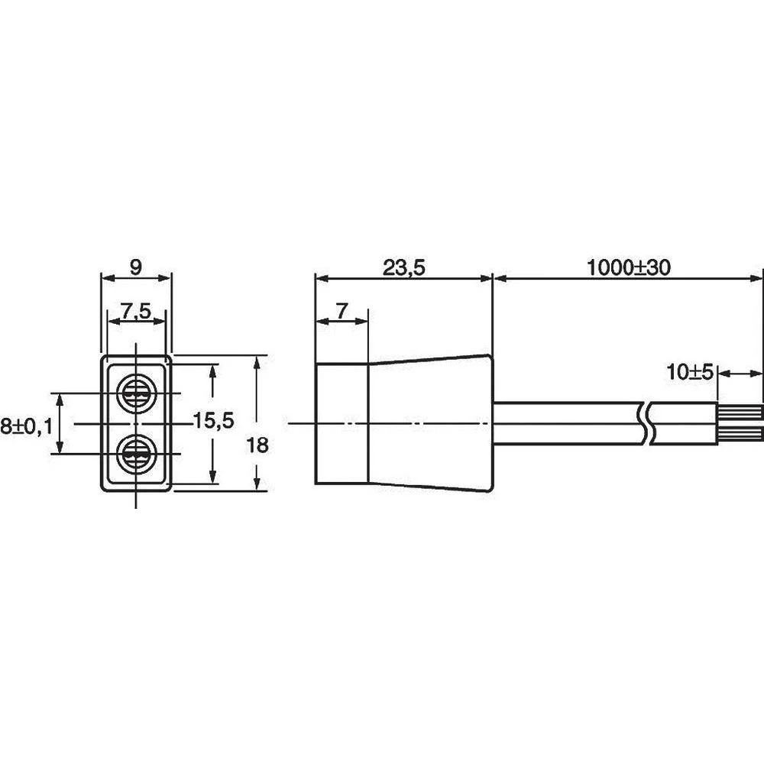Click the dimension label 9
pyautogui.click(x=137, y=267)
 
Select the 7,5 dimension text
pyautogui.click(x=137, y=310)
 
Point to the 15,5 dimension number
pyautogui.click(x=214, y=420)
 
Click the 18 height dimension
pyautogui.click(x=257, y=445)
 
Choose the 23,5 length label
pyautogui.click(x=404, y=267)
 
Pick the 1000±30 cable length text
pyautogui.click(x=629, y=267)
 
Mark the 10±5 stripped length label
pyautogui.click(x=689, y=373)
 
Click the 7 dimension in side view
pyautogui.click(x=342, y=310)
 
